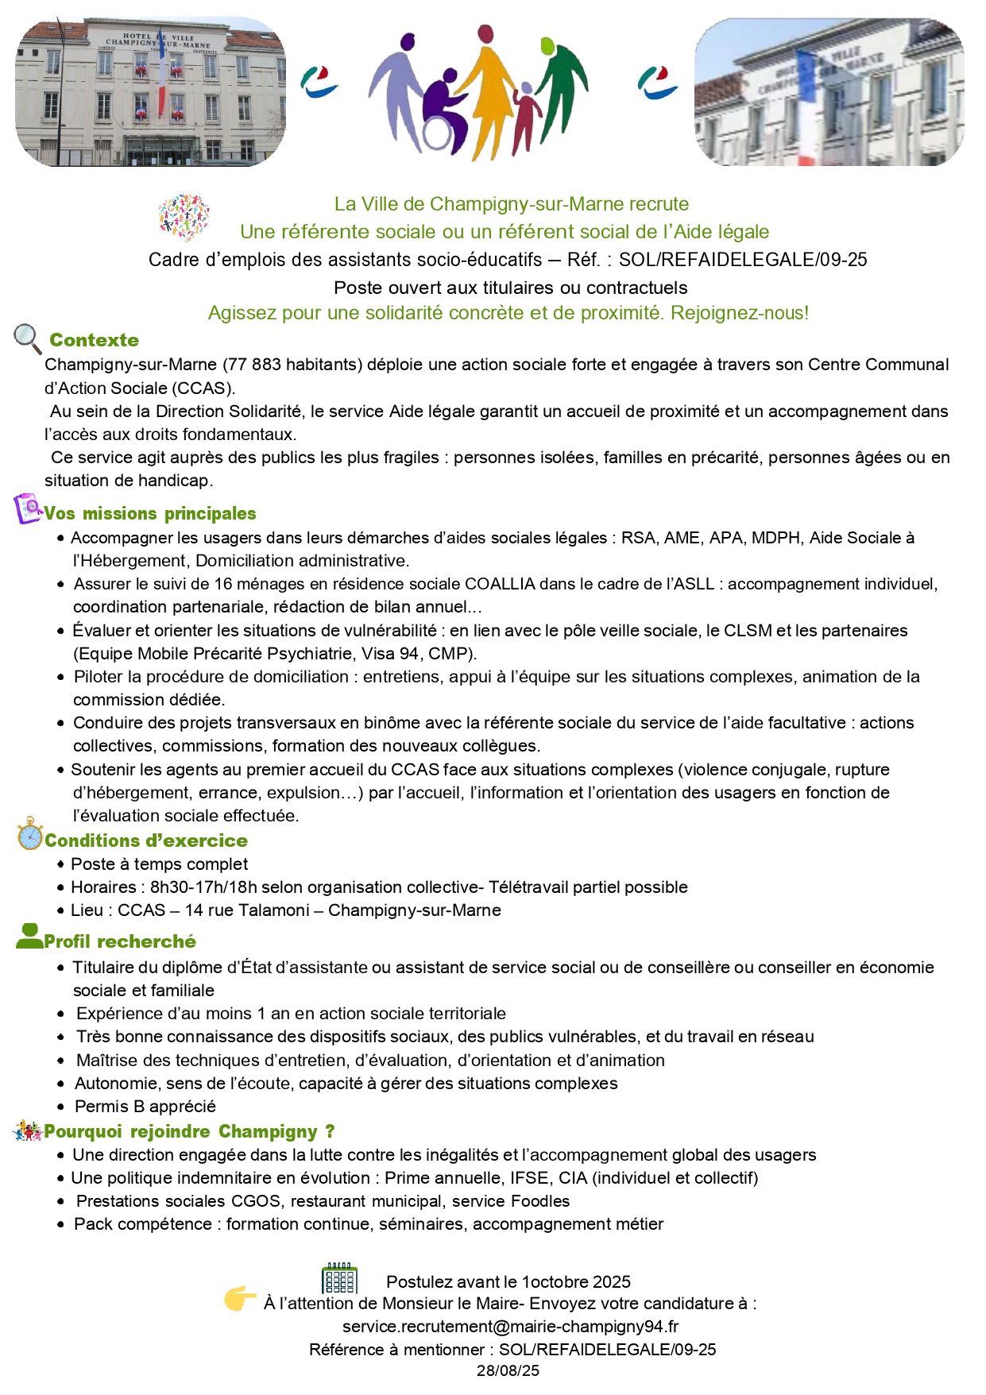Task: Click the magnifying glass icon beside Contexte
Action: tap(27, 338)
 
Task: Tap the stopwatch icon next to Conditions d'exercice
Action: tap(30, 834)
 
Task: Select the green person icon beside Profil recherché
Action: tap(29, 937)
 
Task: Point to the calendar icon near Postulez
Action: tap(339, 1278)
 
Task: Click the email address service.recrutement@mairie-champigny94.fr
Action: tap(510, 1326)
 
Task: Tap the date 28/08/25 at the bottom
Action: tap(508, 1370)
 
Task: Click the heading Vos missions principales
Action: tap(150, 513)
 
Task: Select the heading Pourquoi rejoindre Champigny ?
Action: tap(189, 1131)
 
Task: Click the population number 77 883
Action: tap(253, 365)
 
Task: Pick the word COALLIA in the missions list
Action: tap(500, 584)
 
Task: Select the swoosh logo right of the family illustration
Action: tap(657, 83)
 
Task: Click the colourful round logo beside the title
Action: tap(184, 217)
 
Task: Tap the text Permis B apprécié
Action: tap(145, 1107)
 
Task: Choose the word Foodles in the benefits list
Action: tap(539, 1201)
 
